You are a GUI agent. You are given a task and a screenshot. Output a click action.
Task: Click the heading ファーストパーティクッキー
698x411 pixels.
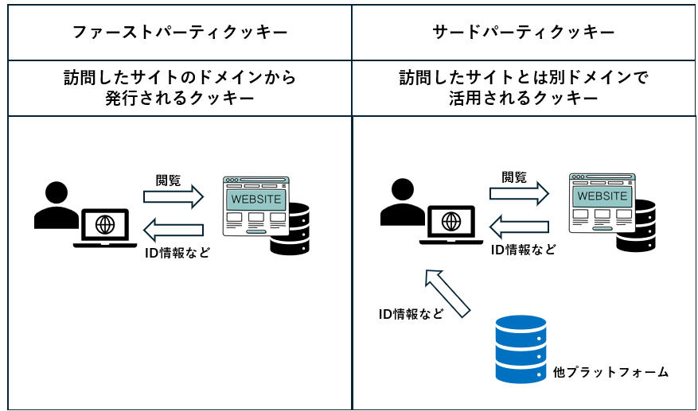[179, 33]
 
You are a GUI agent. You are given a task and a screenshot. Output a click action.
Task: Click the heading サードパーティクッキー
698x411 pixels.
[524, 33]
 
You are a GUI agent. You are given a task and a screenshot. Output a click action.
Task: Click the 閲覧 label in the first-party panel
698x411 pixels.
[168, 180]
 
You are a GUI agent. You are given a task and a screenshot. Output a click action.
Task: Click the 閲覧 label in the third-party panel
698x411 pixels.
[514, 177]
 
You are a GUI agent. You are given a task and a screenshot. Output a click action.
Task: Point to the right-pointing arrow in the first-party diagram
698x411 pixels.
[174, 197]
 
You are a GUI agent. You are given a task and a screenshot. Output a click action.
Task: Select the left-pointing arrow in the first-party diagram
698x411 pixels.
[174, 230]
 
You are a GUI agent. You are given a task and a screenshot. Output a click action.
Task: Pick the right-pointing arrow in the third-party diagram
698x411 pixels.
[520, 193]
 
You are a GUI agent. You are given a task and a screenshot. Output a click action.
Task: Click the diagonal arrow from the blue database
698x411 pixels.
[448, 293]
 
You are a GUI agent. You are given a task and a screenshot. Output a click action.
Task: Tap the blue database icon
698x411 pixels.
[521, 348]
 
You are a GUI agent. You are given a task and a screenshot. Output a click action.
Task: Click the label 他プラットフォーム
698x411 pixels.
[610, 372]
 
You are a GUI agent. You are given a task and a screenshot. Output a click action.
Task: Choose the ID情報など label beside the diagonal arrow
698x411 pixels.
[411, 314]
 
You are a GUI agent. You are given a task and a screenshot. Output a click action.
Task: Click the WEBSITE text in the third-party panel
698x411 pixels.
[602, 196]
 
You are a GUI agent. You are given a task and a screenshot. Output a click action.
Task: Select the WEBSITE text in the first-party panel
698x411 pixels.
[256, 199]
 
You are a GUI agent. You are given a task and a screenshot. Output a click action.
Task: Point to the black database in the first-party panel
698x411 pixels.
[290, 230]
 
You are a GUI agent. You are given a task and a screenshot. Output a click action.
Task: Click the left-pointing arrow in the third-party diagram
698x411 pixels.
[519, 227]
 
